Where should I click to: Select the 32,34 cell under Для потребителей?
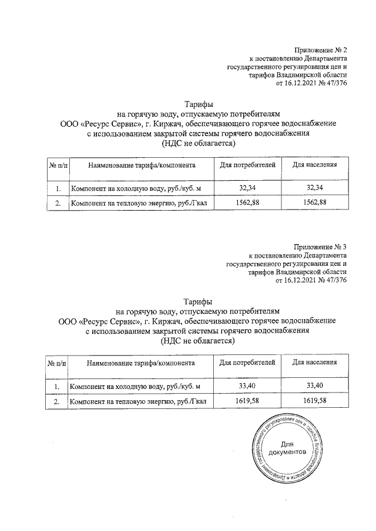pyautogui.click(x=247, y=188)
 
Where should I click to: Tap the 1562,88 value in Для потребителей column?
pyautogui.click(x=247, y=202)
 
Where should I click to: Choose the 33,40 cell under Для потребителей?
pyautogui.click(x=247, y=385)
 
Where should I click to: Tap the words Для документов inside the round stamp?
pyautogui.click(x=287, y=449)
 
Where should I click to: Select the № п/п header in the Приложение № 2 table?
pyautogui.click(x=58, y=166)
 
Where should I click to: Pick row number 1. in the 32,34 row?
pyautogui.click(x=58, y=188)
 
